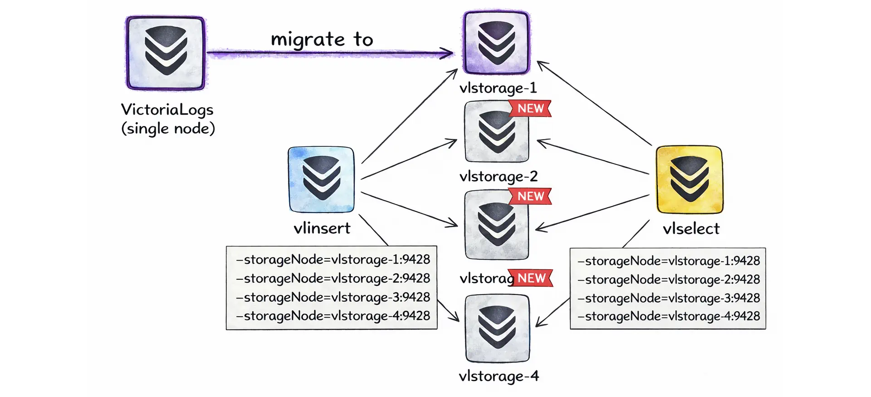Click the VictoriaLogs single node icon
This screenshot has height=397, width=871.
[x=166, y=53]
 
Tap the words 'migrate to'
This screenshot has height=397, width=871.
[x=322, y=40]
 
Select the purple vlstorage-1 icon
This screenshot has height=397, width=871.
[x=496, y=43]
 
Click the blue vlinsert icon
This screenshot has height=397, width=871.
[x=321, y=179]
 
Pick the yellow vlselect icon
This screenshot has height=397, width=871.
[x=689, y=179]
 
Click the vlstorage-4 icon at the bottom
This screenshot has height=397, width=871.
[x=497, y=328]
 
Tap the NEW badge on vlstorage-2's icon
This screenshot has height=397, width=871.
[x=530, y=109]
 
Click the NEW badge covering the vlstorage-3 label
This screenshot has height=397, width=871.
[x=531, y=278]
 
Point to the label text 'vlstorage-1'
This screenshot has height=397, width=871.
[x=498, y=87]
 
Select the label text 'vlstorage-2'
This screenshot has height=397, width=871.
[x=498, y=176]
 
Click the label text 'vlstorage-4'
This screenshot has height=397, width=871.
[x=498, y=376]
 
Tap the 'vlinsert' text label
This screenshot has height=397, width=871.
[x=322, y=228]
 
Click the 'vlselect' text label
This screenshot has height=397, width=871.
[x=691, y=228]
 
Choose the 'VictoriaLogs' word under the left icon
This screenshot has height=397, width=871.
[x=167, y=109]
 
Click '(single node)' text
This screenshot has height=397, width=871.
[x=168, y=129]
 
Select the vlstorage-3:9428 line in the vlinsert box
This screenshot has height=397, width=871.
[x=333, y=297]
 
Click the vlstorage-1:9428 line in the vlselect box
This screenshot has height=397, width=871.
[x=668, y=261]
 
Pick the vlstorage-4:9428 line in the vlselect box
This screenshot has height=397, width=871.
[x=668, y=316]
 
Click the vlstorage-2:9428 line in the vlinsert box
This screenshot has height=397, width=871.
[x=333, y=278]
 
